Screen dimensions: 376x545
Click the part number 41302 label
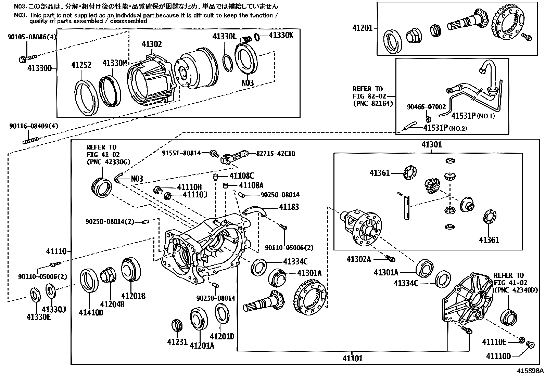tap(151, 44)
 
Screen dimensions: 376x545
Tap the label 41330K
tap(281, 35)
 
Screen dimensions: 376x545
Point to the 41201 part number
tap(362, 28)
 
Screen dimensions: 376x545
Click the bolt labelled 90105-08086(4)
tap(27, 59)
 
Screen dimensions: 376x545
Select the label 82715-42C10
tap(275, 154)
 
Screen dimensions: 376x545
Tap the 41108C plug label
tap(241, 176)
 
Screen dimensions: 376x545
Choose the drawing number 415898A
tap(530, 371)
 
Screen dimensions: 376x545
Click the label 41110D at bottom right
tap(498, 356)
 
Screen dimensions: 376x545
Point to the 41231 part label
tap(177, 341)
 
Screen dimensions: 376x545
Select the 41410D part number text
tap(91, 312)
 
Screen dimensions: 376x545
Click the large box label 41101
tap(352, 358)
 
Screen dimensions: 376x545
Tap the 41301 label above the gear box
tap(431, 145)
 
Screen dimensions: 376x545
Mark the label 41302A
tap(358, 259)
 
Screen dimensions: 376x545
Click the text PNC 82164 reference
tap(373, 103)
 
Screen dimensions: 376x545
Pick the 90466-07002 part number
tap(426, 107)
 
